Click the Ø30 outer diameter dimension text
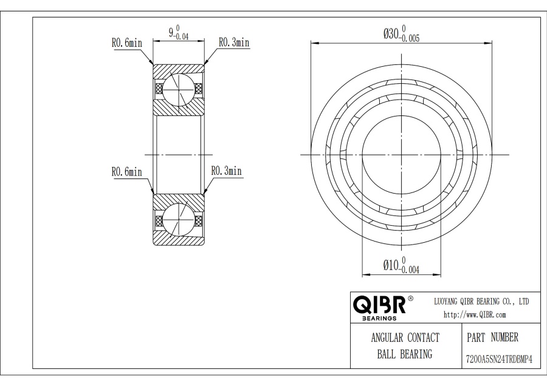(x=391, y=34)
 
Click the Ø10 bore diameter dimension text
(x=391, y=265)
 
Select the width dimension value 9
(x=171, y=32)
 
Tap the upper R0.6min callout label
(x=127, y=43)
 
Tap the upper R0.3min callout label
(x=234, y=42)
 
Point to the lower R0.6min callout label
(x=127, y=172)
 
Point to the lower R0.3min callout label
(x=227, y=171)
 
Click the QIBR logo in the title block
(x=379, y=305)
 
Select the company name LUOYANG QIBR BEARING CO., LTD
(x=481, y=302)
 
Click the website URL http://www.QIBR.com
(x=475, y=315)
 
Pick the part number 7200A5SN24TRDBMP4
(x=499, y=359)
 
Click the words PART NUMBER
(x=492, y=337)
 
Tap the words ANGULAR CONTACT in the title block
(x=405, y=337)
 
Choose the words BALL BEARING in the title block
(x=405, y=354)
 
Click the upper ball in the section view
(x=178, y=90)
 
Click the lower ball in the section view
(x=178, y=220)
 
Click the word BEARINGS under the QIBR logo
(x=379, y=318)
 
